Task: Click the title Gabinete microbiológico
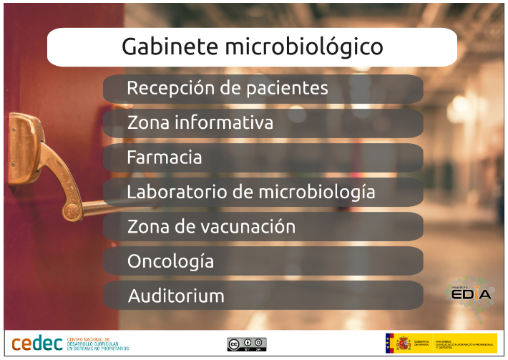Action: click(x=252, y=47)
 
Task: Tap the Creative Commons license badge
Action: click(x=247, y=344)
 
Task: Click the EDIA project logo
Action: click(x=470, y=292)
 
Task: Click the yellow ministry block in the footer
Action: click(x=465, y=344)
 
